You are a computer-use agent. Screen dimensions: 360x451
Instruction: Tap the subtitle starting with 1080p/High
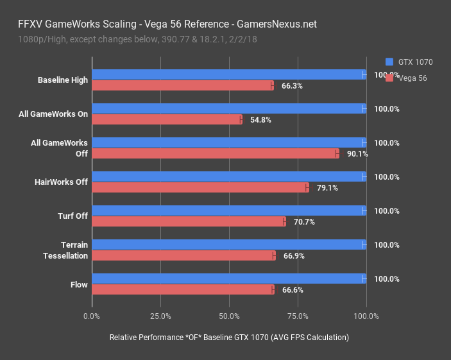click(x=134, y=40)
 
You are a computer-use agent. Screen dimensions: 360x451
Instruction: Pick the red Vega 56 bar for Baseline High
click(x=183, y=85)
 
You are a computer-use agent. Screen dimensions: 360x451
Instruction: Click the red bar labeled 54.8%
click(x=167, y=119)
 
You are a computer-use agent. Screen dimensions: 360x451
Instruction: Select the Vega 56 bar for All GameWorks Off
click(x=215, y=153)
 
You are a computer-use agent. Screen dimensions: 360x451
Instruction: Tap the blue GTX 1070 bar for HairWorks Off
click(x=229, y=176)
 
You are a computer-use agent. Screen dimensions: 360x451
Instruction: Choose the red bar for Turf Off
click(x=189, y=221)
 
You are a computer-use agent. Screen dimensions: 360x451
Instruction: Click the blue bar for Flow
click(x=229, y=279)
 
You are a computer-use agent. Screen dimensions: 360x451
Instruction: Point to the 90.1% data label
click(x=357, y=153)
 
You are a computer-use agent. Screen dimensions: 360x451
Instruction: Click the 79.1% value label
click(x=327, y=188)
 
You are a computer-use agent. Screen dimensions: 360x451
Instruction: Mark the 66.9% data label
click(x=294, y=256)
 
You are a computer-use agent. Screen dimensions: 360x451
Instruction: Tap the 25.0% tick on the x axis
click(x=160, y=316)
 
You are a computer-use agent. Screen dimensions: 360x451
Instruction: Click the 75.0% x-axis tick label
click(x=298, y=316)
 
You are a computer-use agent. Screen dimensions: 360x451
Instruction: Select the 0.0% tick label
click(x=92, y=316)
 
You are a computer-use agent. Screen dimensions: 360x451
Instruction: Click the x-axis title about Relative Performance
click(x=229, y=338)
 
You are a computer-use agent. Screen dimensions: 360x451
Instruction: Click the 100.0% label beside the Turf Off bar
click(x=387, y=210)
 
